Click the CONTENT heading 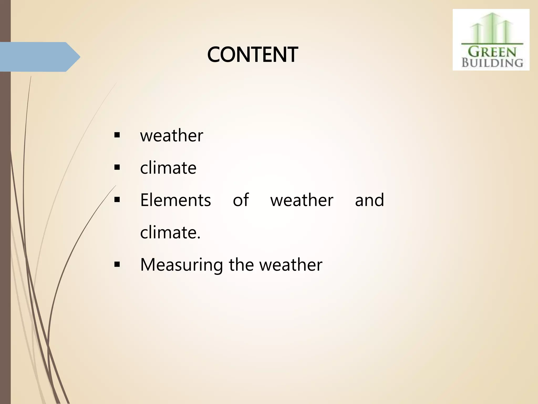[x=252, y=55]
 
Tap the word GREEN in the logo [x=492, y=52]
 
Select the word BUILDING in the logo [x=492, y=63]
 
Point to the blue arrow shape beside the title [x=39, y=57]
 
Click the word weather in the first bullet [x=172, y=136]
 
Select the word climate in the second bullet [x=168, y=168]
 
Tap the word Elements [x=175, y=200]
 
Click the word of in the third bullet [x=241, y=200]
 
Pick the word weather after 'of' [x=302, y=200]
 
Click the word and [x=369, y=200]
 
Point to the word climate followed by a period [x=168, y=233]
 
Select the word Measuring [x=182, y=265]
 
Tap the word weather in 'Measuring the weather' [x=291, y=265]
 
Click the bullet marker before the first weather [x=117, y=136]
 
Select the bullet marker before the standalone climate [x=117, y=168]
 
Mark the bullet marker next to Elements [x=117, y=200]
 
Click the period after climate [x=199, y=238]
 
